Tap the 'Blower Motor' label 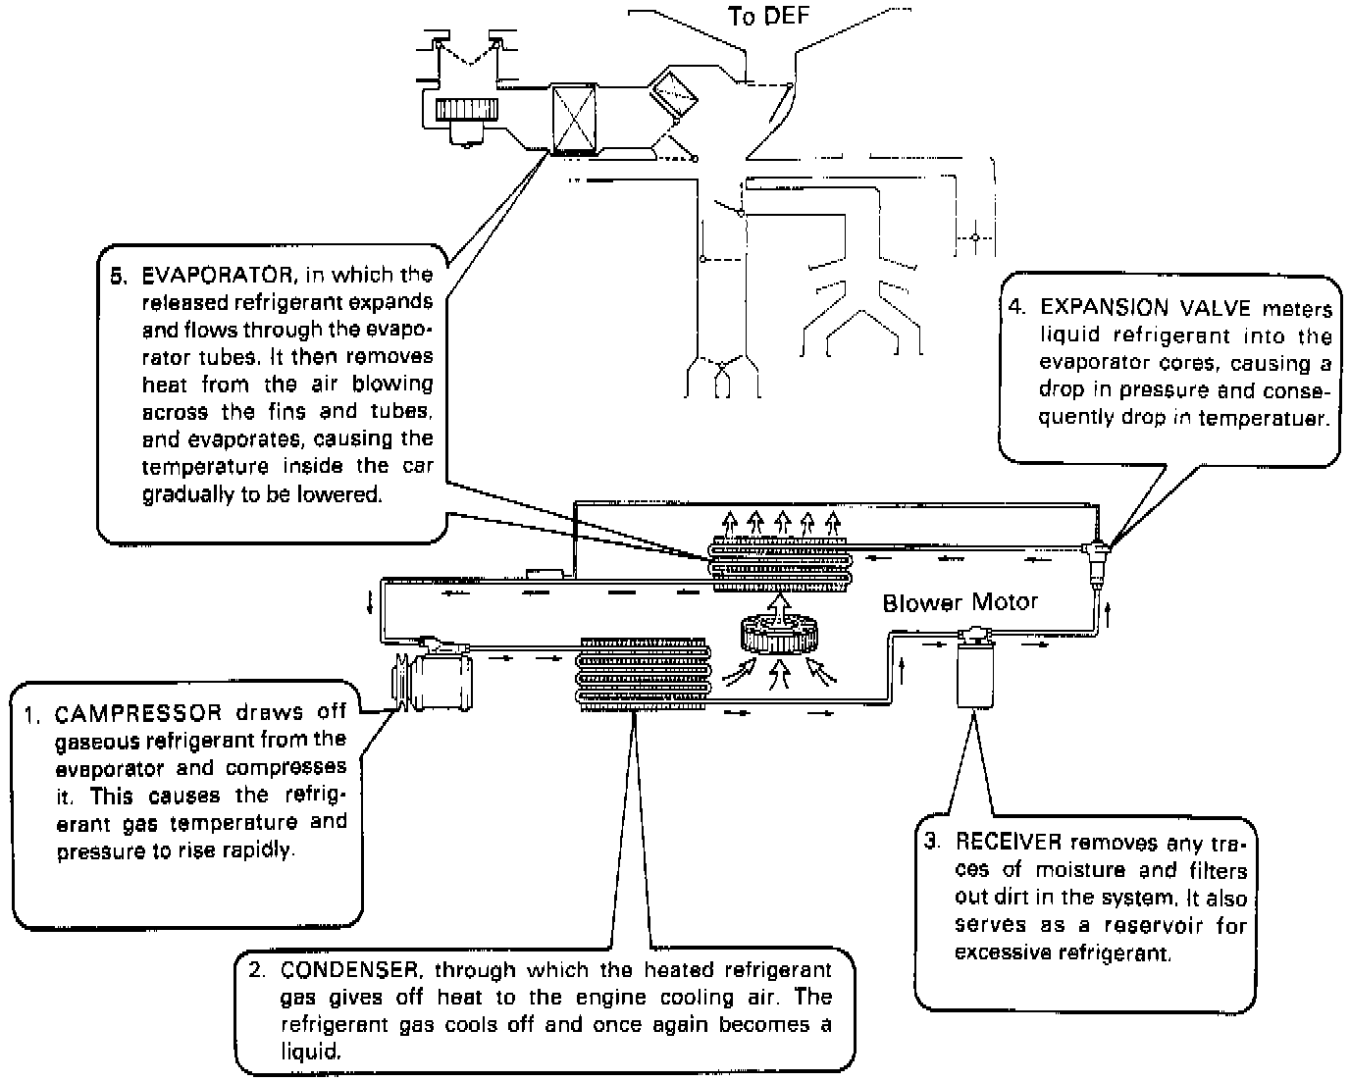pos(960,602)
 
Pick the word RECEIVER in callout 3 pos(1009,842)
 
